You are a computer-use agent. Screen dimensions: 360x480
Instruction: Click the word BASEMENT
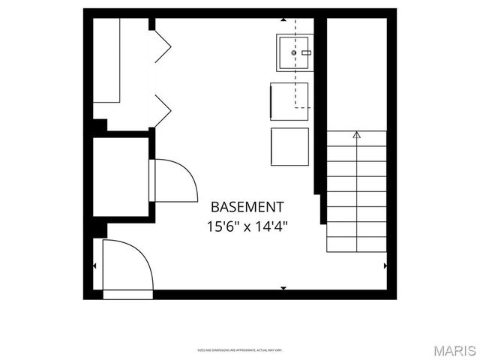pos(247,206)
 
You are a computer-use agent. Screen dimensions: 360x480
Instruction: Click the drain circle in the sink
pos(293,52)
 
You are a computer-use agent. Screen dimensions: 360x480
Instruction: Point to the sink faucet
pos(305,52)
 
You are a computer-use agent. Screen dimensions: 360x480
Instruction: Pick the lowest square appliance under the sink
pos(289,147)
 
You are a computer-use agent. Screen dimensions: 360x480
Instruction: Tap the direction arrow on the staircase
pos(356,135)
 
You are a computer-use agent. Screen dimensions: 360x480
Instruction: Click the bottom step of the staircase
pos(356,244)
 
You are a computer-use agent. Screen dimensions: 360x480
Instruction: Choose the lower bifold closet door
pos(162,109)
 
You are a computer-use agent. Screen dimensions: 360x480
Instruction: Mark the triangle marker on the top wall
pos(283,19)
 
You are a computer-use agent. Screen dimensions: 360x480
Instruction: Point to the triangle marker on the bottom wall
pos(283,287)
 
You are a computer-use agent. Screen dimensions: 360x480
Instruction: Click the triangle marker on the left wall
pos(94,265)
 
